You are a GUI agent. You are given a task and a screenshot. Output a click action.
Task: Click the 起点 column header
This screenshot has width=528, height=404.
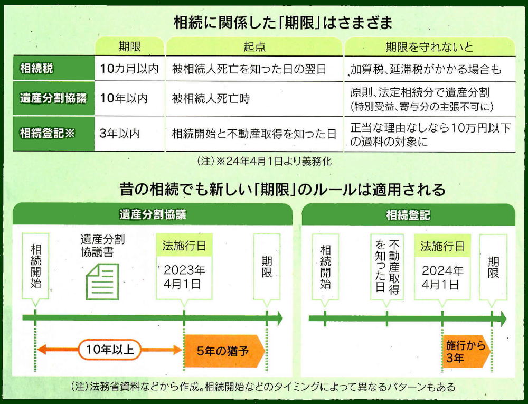[254, 47]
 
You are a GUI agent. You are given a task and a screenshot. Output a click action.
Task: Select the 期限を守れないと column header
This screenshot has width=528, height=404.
[429, 47]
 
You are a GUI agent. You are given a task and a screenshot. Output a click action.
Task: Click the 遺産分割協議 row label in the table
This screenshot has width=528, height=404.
[53, 98]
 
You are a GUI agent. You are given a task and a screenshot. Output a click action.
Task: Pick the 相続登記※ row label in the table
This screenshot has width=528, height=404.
[47, 133]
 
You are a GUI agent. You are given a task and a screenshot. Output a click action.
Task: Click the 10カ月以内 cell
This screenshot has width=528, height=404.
[129, 69]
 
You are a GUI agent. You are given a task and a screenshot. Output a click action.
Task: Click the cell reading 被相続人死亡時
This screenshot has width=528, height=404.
[211, 99]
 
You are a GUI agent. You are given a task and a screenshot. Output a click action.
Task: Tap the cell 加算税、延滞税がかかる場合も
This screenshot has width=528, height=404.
[426, 69]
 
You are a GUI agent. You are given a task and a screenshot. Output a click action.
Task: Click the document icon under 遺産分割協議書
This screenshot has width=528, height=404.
[103, 282]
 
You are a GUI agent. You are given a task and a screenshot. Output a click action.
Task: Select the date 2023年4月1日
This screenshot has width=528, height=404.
[184, 277]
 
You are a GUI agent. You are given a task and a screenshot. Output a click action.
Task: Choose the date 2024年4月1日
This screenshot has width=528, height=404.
[442, 277]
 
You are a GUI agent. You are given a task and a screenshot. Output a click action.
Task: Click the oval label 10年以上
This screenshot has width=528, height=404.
[110, 350]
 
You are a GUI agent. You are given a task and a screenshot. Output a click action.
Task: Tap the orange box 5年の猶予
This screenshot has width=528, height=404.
[224, 351]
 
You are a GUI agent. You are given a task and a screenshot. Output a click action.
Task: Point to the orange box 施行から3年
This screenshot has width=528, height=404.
[466, 352]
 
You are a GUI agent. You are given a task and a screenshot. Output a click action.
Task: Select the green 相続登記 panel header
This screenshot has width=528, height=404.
[408, 215]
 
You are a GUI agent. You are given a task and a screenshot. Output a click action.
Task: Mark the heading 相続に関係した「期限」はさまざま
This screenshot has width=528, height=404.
[283, 23]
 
